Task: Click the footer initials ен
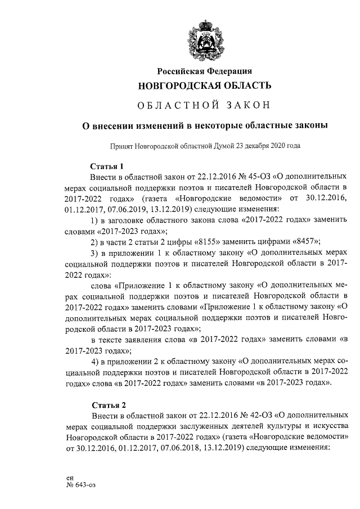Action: (x=70, y=476)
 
